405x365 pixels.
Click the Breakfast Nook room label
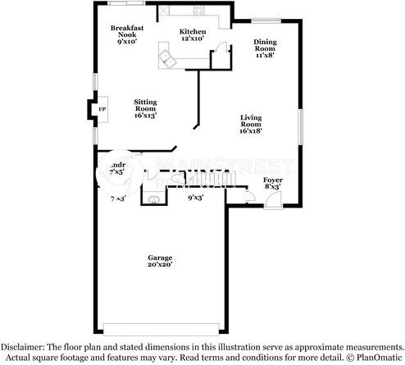[x=127, y=34]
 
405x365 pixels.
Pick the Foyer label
[x=272, y=183]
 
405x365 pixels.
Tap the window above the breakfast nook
[x=127, y=4]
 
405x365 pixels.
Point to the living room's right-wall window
[x=301, y=127]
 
